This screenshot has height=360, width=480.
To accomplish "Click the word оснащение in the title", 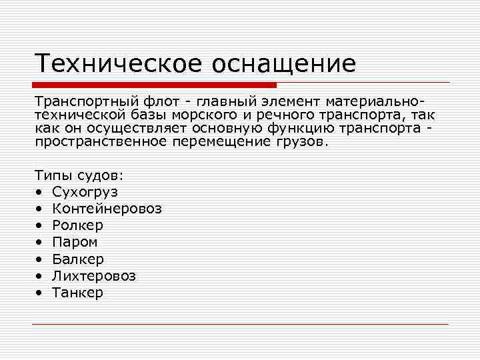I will coord(285,64).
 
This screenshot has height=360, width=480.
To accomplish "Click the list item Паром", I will coord(75,242).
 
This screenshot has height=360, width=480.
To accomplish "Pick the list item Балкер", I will coord(78,259).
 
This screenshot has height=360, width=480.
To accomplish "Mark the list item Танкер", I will coord(78,292).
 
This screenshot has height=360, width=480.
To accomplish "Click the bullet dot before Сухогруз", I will coord(39,192).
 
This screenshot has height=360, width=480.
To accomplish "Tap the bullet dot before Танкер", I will coord(39,292).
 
